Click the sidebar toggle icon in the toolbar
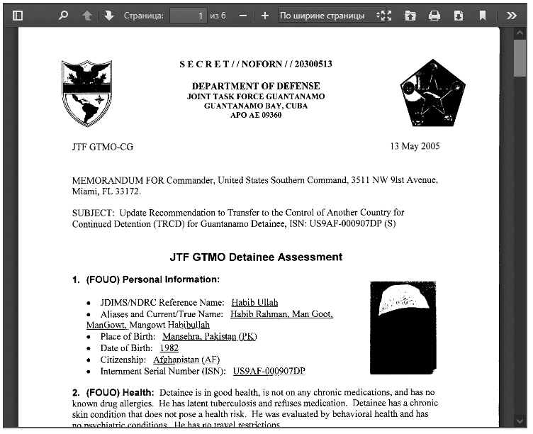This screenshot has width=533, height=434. click(18, 15)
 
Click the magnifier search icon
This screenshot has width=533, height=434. click(63, 15)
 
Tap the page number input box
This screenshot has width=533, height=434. click(188, 15)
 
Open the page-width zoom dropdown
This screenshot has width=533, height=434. click(327, 15)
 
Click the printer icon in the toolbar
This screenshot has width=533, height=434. click(434, 15)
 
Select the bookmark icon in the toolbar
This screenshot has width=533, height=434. click(482, 15)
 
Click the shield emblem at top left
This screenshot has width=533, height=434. click(87, 93)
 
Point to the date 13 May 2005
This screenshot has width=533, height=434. click(415, 146)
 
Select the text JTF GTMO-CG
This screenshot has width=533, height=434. click(102, 147)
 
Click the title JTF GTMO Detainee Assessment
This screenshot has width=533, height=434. click(256, 257)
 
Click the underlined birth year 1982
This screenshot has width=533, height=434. click(169, 348)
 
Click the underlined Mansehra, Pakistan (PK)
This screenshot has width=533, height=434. click(209, 337)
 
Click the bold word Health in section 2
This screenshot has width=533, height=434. click(137, 392)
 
